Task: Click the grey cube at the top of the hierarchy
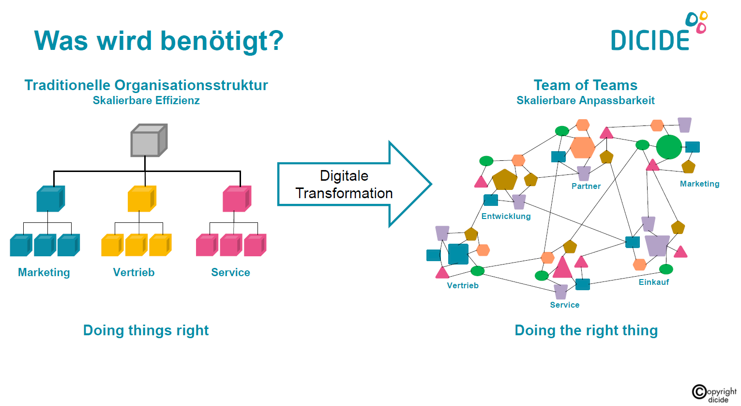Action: click(148, 141)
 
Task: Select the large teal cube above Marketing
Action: click(50, 199)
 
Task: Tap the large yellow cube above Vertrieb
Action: click(141, 199)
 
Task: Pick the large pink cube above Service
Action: click(236, 199)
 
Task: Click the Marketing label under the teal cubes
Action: click(44, 272)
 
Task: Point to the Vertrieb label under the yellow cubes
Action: click(134, 272)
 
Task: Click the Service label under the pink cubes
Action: click(230, 272)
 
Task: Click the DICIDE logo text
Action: click(650, 40)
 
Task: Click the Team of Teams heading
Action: click(585, 85)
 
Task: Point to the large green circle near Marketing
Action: click(669, 147)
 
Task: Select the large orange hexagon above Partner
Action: click(582, 147)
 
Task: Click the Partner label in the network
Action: click(586, 186)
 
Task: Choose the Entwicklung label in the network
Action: click(506, 216)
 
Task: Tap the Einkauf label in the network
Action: click(653, 282)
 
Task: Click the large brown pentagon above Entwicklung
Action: click(504, 180)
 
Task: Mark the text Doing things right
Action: click(146, 330)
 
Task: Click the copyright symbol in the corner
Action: click(699, 391)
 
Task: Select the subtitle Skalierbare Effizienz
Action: click(146, 101)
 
